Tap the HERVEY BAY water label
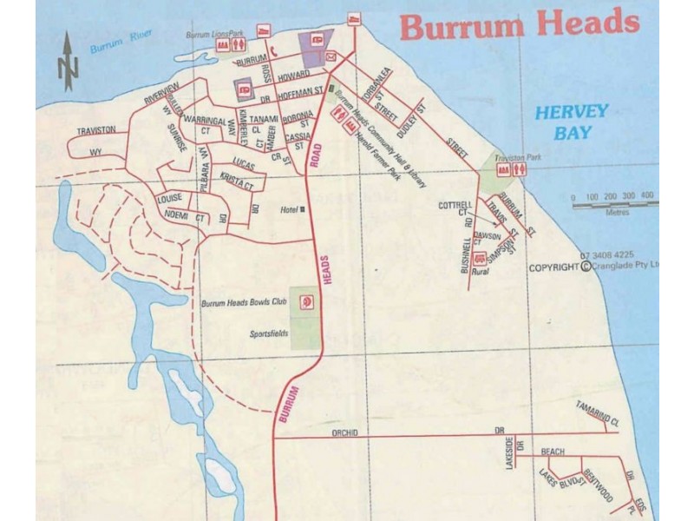[571, 122]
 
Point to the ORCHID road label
[344, 432]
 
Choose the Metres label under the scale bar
[618, 211]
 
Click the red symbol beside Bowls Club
[305, 301]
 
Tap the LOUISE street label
[170, 199]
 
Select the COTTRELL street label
[456, 205]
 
